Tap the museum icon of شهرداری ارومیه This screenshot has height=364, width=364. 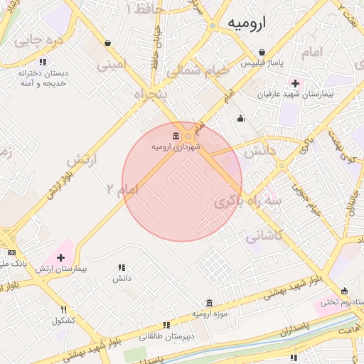click(176, 136)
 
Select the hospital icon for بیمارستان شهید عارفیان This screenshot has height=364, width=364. click(295, 83)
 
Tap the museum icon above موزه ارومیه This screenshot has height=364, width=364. click(208, 303)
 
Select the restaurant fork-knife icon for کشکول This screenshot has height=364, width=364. click(63, 309)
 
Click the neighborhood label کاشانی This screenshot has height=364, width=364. click(264, 235)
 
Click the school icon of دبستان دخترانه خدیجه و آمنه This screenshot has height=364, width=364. click(43, 62)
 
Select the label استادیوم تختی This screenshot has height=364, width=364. click(340, 302)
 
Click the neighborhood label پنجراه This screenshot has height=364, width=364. click(150, 94)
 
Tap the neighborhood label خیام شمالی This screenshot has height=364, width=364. click(198, 72)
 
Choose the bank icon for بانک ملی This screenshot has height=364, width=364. click(11, 252)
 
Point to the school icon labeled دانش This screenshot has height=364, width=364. click(122, 267)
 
